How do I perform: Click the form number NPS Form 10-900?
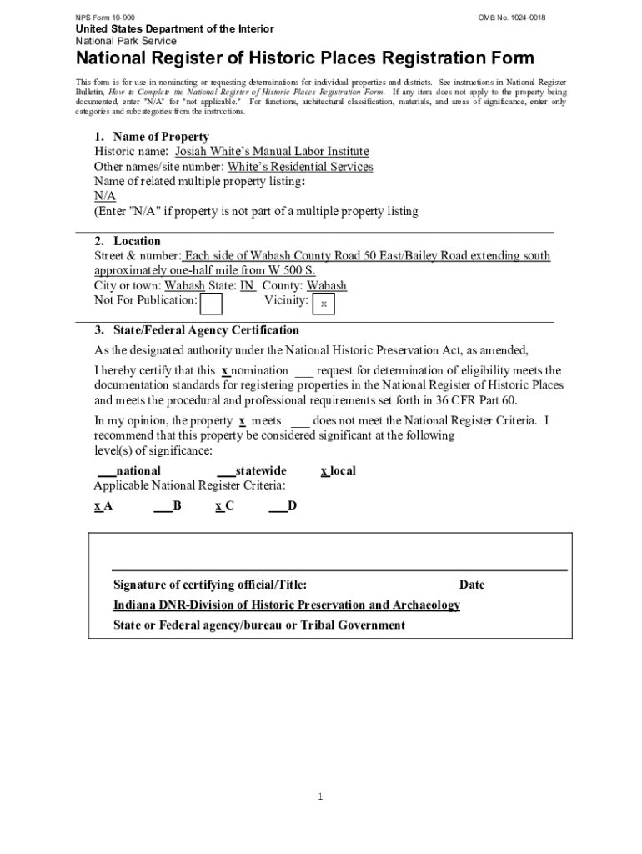tap(105, 18)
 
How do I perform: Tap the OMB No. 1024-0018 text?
tap(512, 18)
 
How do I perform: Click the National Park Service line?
tap(126, 41)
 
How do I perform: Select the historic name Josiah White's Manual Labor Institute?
tap(271, 152)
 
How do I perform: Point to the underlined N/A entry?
tap(104, 196)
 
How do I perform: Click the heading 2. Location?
tap(128, 241)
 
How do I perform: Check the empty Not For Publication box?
tap(212, 304)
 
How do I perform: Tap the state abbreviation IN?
tap(247, 285)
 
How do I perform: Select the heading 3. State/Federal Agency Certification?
tap(197, 330)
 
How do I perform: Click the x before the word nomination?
tap(225, 370)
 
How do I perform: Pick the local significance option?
tap(338, 471)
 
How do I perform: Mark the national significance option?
tap(129, 471)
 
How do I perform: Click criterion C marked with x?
tap(223, 506)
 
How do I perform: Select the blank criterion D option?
tap(283, 506)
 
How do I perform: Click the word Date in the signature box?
tap(471, 585)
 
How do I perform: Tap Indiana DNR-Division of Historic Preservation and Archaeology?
tap(286, 605)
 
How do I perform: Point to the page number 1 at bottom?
tap(319, 797)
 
